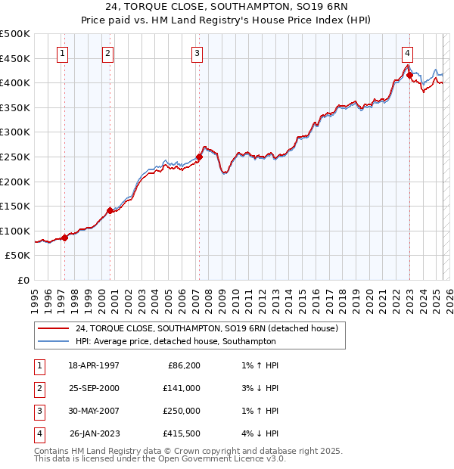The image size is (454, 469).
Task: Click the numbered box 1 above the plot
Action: tap(61, 53)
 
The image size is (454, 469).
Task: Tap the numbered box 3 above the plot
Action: tap(196, 53)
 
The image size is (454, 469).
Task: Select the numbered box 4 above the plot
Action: tap(407, 53)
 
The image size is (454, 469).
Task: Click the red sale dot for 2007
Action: tap(200, 157)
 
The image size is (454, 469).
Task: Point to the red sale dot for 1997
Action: tap(64, 238)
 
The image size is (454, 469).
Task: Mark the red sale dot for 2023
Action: tap(409, 74)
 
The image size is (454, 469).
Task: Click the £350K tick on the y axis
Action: tap(15, 108)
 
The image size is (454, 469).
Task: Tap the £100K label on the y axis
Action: tap(15, 231)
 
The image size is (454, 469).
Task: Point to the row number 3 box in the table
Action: tap(38, 412)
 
